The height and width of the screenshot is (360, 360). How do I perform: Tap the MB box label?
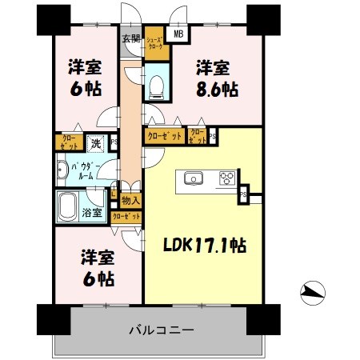pos(178,34)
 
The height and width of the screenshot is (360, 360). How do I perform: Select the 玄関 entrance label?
pos(130,38)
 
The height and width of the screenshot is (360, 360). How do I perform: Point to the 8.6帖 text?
pos(218,88)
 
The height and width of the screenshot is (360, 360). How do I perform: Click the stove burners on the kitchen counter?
pos(225,178)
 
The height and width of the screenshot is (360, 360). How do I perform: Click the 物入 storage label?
pos(131,201)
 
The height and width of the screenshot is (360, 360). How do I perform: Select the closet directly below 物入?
pos(126,215)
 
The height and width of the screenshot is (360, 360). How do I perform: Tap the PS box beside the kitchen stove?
pos(242,194)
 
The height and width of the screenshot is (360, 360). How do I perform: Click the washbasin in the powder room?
pos(62,169)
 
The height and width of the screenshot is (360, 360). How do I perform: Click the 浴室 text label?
pos(92,213)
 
